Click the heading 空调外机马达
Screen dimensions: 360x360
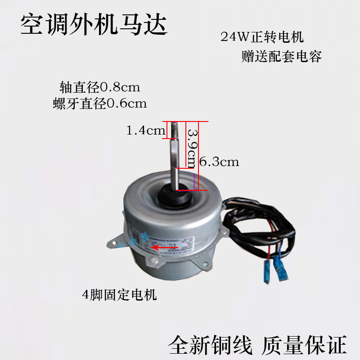94,25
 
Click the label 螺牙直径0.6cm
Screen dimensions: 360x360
99,104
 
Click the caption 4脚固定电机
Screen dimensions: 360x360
119,295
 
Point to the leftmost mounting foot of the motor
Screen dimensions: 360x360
113,243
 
